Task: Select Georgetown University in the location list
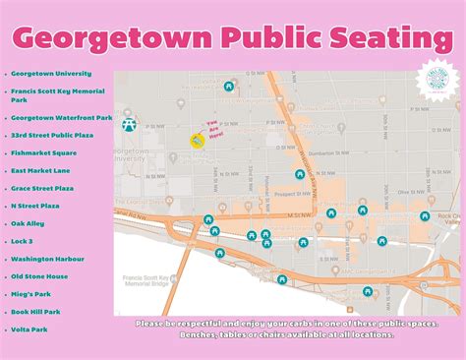point(51,73)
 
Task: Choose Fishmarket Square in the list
point(44,152)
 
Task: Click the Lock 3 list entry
point(24,241)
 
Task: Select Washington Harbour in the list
point(46,259)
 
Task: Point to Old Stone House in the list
point(40,276)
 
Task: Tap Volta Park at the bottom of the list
point(30,330)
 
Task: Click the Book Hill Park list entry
point(36,312)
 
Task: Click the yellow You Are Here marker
point(197,141)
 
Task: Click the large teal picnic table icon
point(128,124)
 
